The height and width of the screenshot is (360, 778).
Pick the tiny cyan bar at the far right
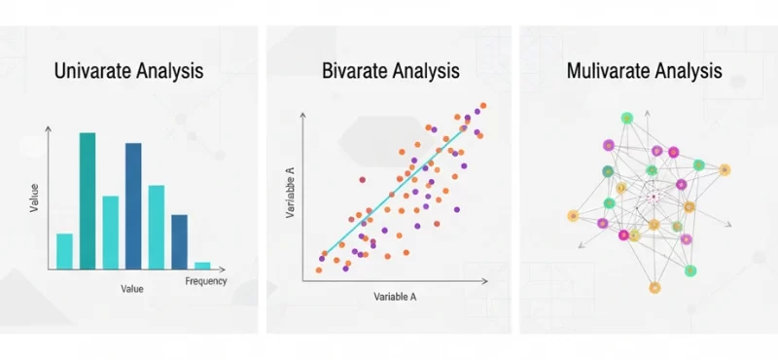point(202,265)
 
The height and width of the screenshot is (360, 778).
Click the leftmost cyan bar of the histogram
point(64,250)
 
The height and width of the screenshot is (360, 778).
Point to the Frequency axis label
point(205,282)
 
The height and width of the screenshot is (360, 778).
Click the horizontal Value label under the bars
point(131,289)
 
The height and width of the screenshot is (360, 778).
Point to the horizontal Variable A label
point(396,294)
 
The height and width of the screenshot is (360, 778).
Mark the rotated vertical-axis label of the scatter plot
point(289,192)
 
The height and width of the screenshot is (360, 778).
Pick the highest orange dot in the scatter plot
point(483,105)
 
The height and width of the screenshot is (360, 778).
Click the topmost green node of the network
point(627,119)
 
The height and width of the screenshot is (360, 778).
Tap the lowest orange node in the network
point(654,288)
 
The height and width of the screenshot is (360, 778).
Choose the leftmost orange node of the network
point(572,212)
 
